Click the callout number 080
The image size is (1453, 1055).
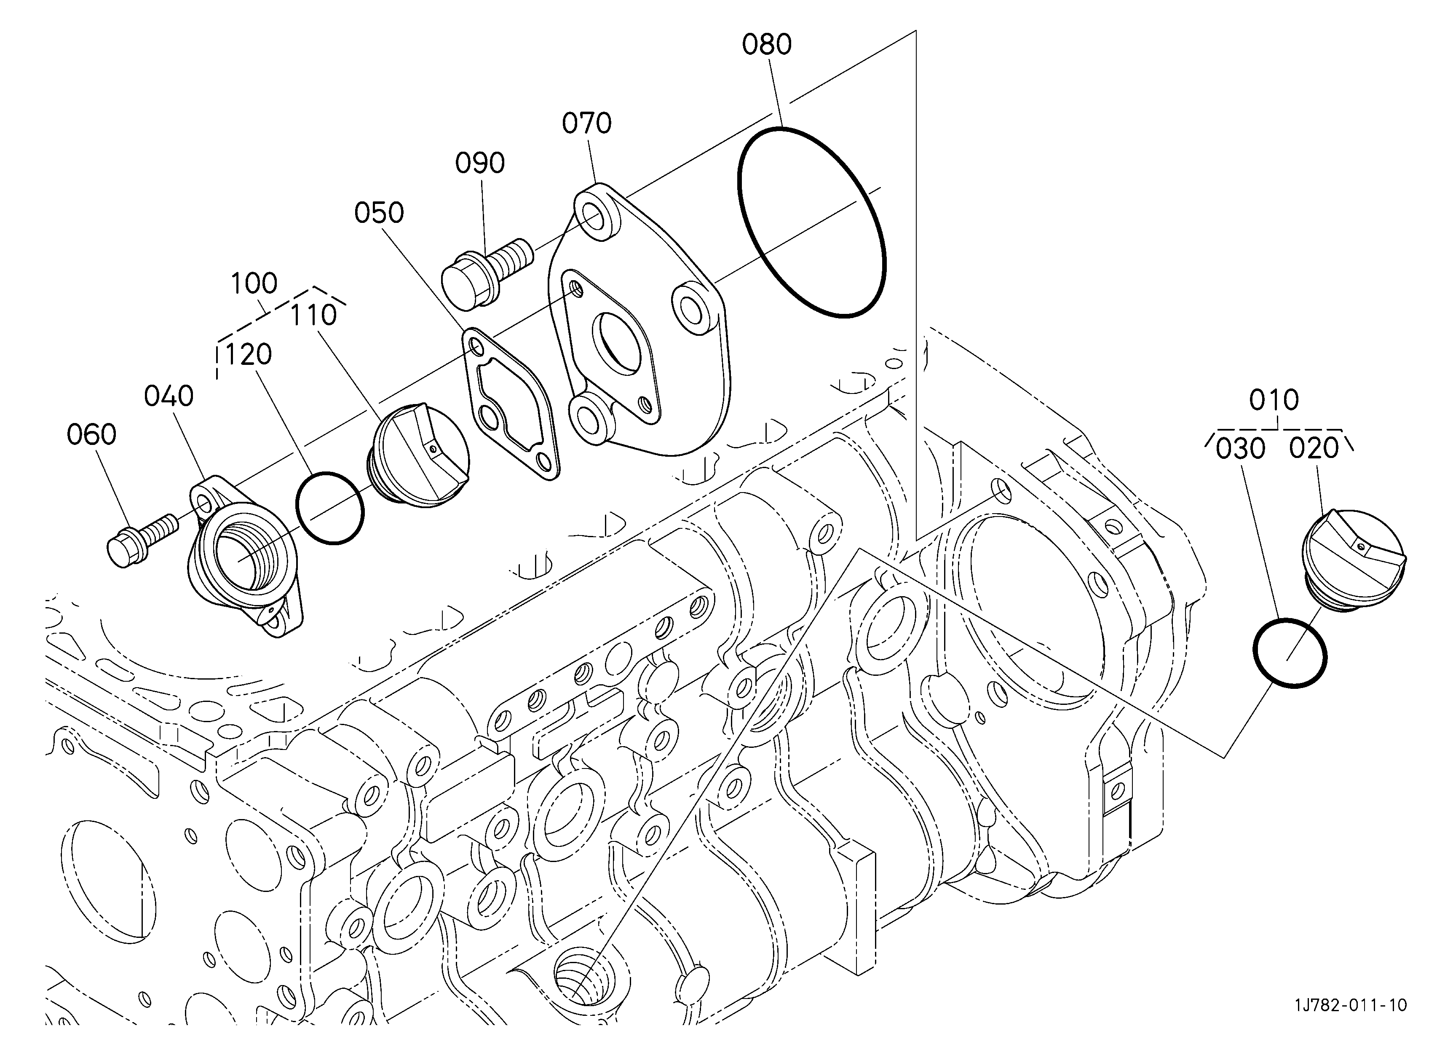tap(767, 45)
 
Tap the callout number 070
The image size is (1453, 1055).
tap(587, 123)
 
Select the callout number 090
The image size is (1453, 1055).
tap(480, 163)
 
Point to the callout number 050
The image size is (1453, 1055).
tap(379, 213)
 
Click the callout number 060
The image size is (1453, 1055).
tap(91, 435)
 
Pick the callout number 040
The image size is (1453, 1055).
tap(169, 396)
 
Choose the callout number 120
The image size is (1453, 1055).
tap(248, 354)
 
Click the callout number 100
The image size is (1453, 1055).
tap(254, 283)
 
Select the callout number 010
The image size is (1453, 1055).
tap(1274, 400)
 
